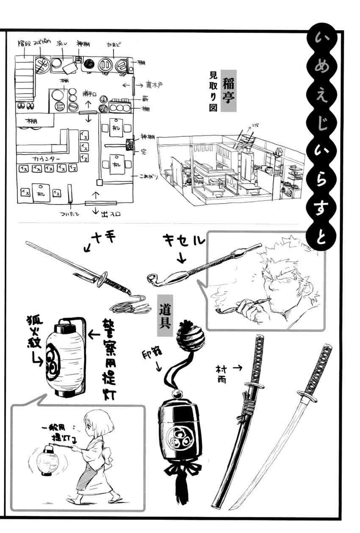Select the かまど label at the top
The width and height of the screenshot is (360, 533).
(114, 44)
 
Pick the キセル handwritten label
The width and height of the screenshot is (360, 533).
(183, 241)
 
